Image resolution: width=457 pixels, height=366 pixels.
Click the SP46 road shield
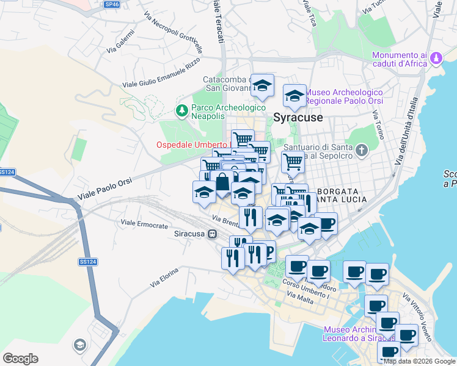point(111,4)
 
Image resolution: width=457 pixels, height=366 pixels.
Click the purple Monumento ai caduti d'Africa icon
point(436,59)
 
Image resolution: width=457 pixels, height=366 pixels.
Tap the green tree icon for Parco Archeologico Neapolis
point(181,111)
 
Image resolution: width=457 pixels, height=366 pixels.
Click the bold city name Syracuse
point(298,118)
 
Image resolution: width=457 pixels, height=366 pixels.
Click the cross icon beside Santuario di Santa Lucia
point(361,150)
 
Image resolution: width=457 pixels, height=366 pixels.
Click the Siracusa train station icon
point(212,234)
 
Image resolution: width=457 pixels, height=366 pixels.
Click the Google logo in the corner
point(20,359)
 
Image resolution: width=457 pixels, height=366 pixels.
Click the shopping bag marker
point(223,182)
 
